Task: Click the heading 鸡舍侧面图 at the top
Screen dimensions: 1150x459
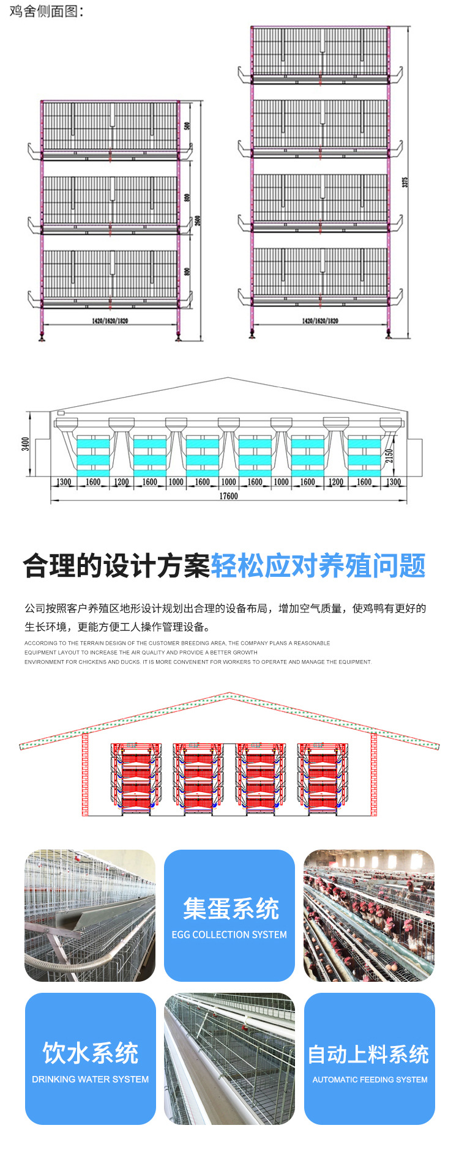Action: pyautogui.click(x=47, y=11)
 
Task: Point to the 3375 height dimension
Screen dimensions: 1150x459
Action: pyautogui.click(x=405, y=182)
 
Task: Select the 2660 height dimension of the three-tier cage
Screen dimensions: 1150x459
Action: pyautogui.click(x=198, y=220)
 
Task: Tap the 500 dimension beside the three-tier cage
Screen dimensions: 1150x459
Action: pyautogui.click(x=187, y=125)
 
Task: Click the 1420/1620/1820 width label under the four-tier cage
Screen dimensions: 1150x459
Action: pyautogui.click(x=320, y=321)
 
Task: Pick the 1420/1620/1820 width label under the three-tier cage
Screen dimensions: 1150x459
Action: pyautogui.click(x=110, y=321)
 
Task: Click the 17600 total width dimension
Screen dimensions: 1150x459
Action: pyautogui.click(x=228, y=496)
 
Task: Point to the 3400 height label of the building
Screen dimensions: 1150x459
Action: pyautogui.click(x=25, y=443)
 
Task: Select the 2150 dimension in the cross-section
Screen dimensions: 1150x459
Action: pyautogui.click(x=390, y=456)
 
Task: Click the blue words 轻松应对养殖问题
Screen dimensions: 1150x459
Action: pyautogui.click(x=318, y=566)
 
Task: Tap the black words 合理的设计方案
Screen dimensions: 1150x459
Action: pyautogui.click(x=116, y=566)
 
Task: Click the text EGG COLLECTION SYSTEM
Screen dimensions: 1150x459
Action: pyautogui.click(x=229, y=935)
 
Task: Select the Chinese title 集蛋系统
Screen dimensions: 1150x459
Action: pyautogui.click(x=231, y=909)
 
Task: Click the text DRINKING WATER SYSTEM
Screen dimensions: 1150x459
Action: pyautogui.click(x=90, y=1080)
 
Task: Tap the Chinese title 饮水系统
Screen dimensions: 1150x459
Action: pyautogui.click(x=90, y=1053)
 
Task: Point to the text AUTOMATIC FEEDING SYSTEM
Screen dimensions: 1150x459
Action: pyautogui.click(x=370, y=1080)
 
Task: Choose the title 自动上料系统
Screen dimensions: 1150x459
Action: pyautogui.click(x=368, y=1054)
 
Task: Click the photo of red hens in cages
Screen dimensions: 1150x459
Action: pyautogui.click(x=369, y=915)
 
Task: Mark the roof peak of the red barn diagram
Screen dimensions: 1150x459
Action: pyautogui.click(x=229, y=694)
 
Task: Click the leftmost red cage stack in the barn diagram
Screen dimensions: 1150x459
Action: pyautogui.click(x=136, y=778)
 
